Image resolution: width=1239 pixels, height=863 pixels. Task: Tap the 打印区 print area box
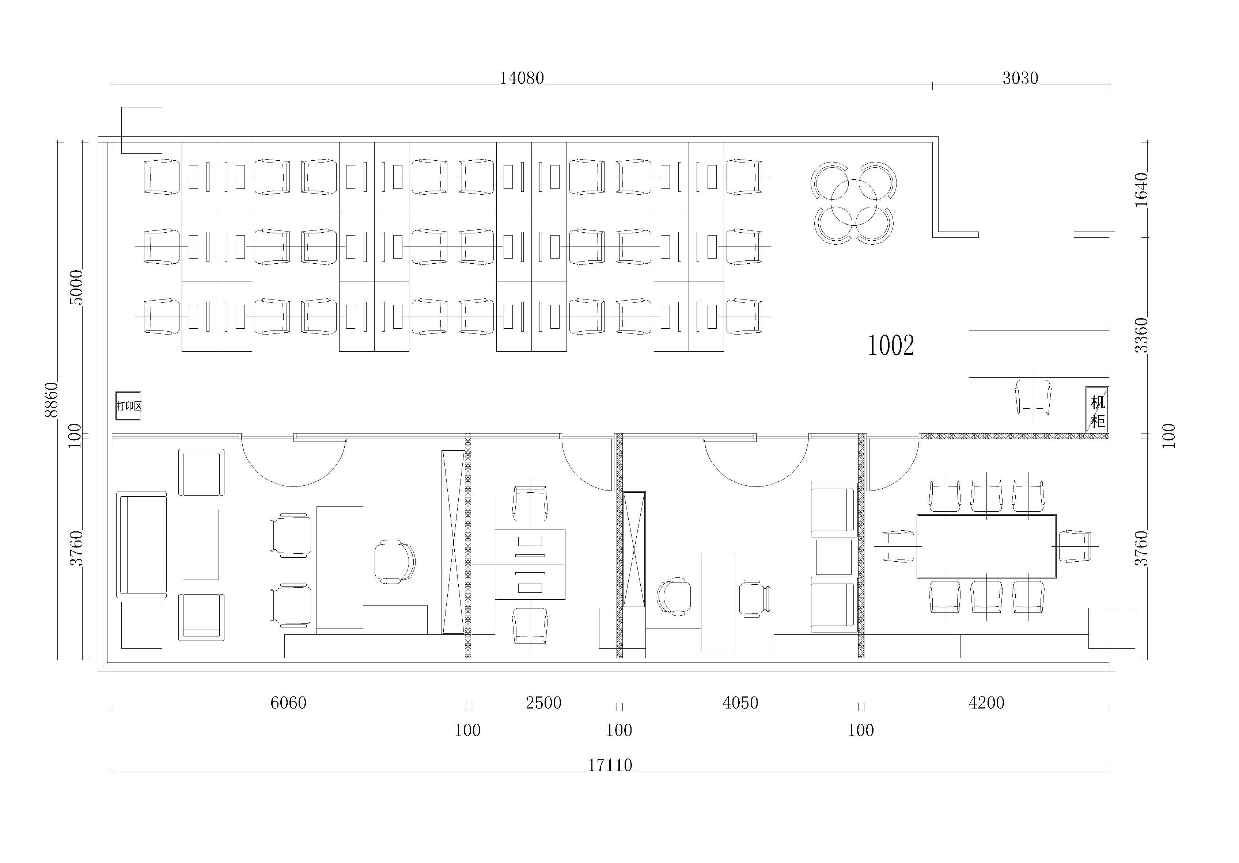pos(128,406)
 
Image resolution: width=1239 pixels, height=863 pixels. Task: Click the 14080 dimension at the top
pos(521,79)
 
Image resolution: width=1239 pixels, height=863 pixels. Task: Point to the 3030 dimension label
pos(1020,79)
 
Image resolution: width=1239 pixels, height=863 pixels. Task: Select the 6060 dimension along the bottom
pos(288,703)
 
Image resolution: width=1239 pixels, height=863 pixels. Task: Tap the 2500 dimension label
pos(543,703)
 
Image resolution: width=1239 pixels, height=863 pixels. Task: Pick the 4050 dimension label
pos(740,703)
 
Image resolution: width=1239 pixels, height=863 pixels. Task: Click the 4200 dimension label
pos(986,703)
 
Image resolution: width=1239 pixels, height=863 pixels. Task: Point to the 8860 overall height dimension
pos(51,400)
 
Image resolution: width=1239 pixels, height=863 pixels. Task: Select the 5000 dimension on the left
pos(77,287)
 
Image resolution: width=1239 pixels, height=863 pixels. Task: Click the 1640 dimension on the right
pos(1141,189)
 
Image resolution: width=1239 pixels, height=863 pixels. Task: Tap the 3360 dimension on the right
pos(1141,335)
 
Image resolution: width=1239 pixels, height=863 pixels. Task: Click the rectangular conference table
pos(986,546)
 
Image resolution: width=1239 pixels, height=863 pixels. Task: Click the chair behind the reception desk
pos(1033,397)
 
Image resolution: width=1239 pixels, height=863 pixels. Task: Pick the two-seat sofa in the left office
pos(142,545)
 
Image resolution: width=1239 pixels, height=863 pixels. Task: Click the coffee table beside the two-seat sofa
pos(201,545)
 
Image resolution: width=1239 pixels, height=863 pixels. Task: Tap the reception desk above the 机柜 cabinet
pos(1039,354)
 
